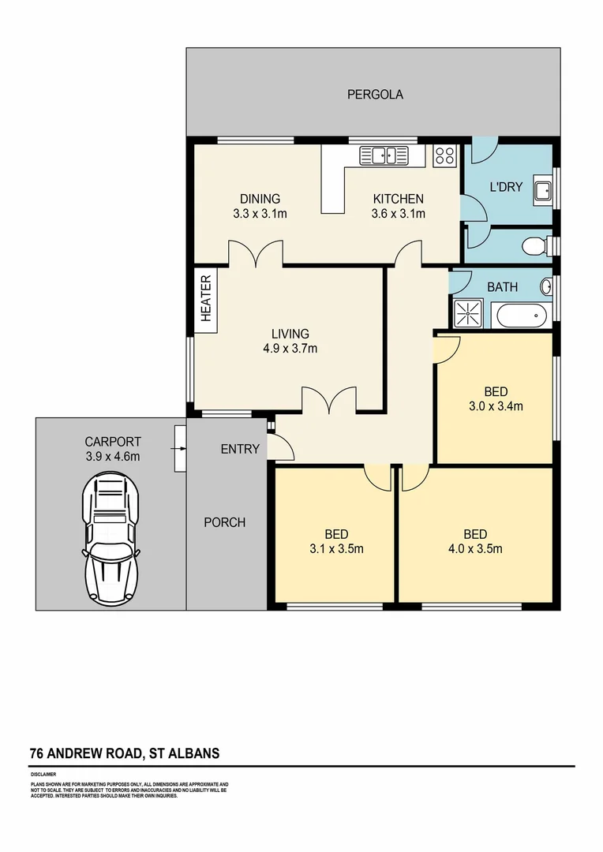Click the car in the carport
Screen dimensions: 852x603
pyautogui.click(x=111, y=536)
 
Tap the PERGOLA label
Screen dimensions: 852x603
pyautogui.click(x=375, y=95)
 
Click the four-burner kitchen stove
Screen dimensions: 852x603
pyautogui.click(x=444, y=155)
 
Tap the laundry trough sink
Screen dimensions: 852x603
pyautogui.click(x=542, y=189)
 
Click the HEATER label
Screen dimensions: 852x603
pyautogui.click(x=206, y=299)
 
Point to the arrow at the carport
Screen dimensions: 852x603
pyautogui.click(x=180, y=449)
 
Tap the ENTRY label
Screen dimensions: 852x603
pyautogui.click(x=240, y=449)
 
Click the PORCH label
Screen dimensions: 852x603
pyautogui.click(x=224, y=522)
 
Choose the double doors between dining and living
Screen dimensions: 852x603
pyautogui.click(x=256, y=254)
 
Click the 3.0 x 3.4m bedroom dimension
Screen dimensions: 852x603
pyautogui.click(x=496, y=407)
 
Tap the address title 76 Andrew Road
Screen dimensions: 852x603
pyautogui.click(x=125, y=753)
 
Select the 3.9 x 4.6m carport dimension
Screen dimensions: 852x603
pyautogui.click(x=112, y=457)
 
